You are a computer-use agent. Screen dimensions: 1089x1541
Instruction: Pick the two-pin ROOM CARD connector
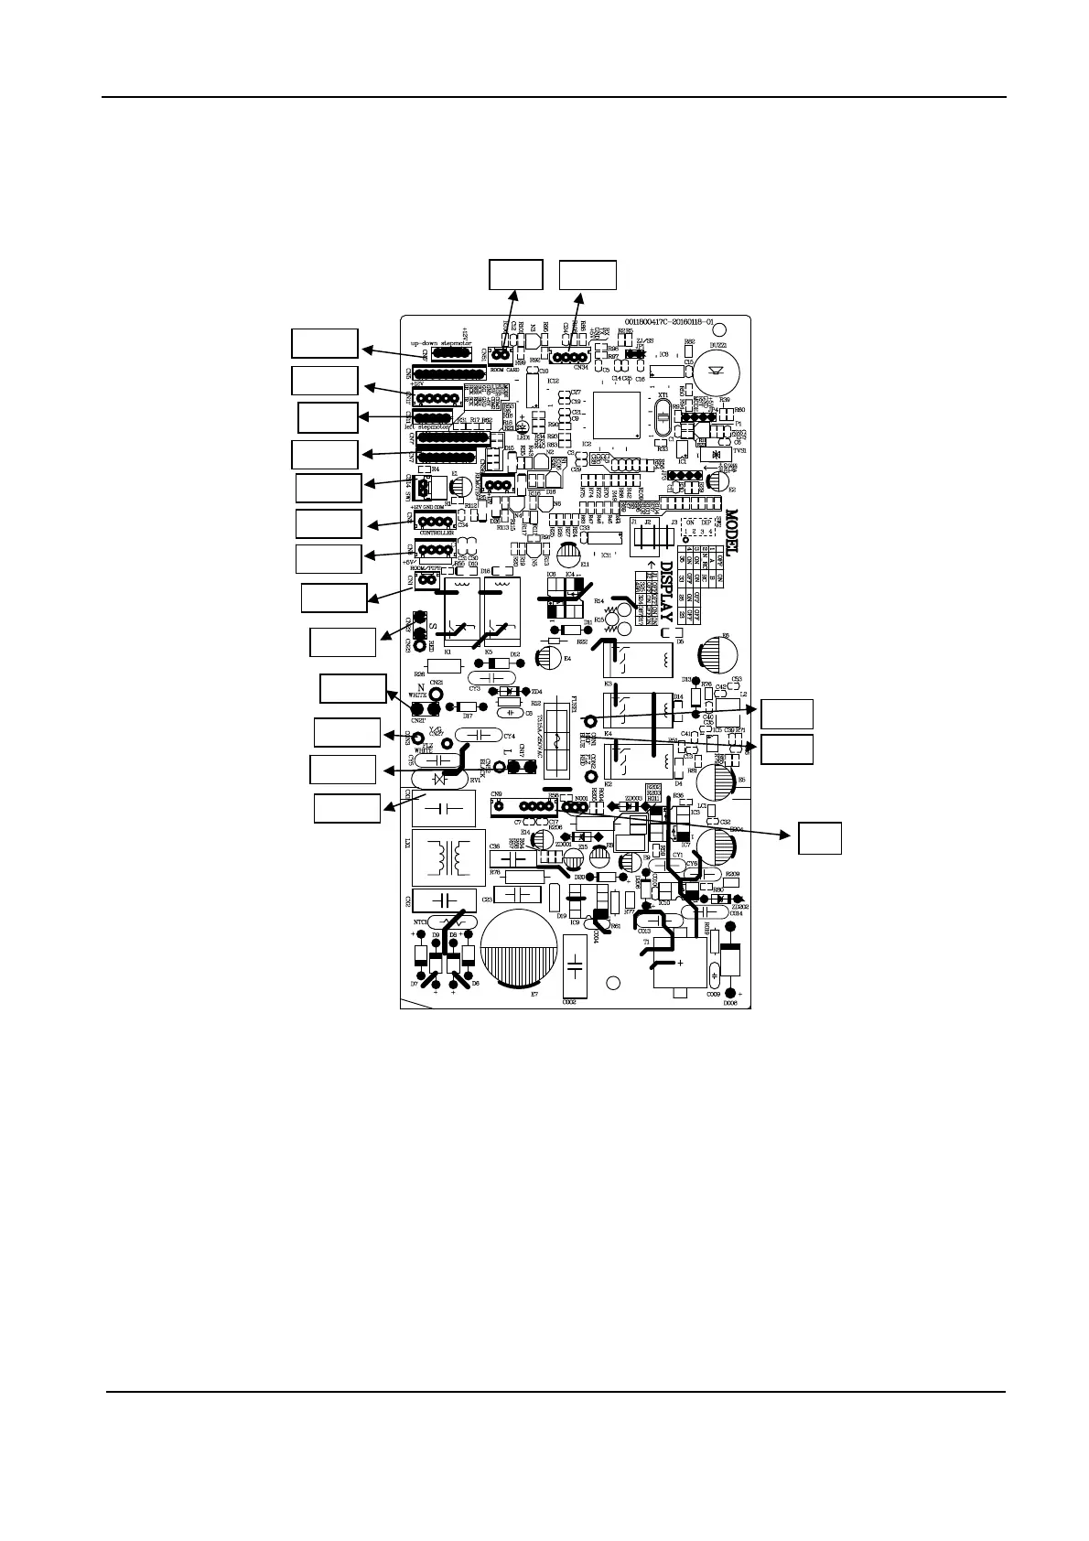pos(500,355)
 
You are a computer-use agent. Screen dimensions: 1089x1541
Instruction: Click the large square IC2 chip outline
pos(620,417)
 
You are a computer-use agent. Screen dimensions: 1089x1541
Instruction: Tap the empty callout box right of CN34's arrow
pos(588,275)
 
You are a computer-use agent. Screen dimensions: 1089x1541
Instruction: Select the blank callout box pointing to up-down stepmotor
pos(324,343)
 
